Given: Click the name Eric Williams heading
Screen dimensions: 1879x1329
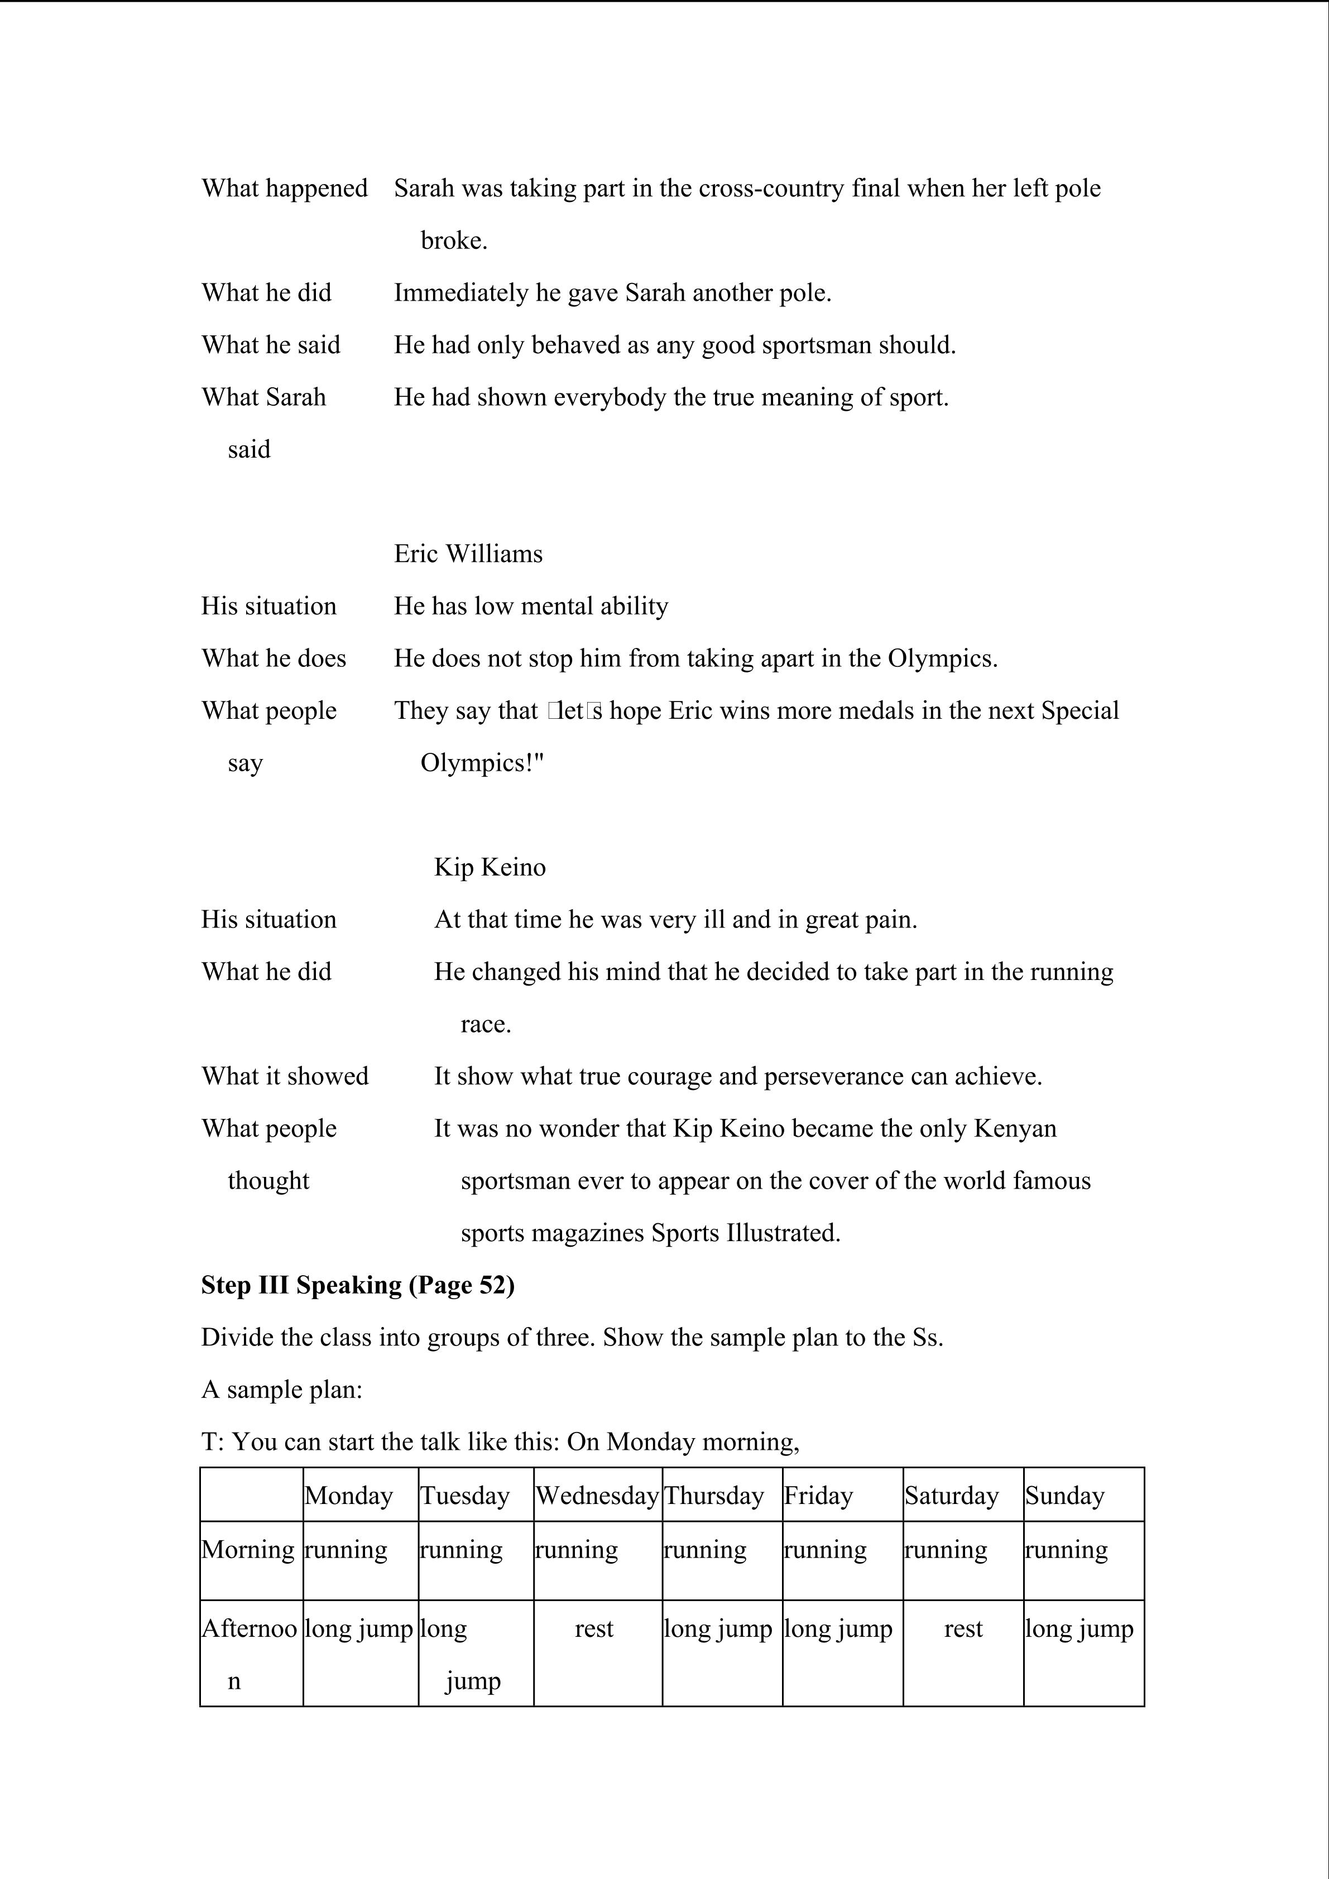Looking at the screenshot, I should point(468,554).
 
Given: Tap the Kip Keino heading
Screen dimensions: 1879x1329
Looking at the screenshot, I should point(490,867).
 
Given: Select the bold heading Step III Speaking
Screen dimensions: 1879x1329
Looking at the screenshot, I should point(358,1286).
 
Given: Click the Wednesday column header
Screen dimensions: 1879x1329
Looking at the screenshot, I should point(597,1496).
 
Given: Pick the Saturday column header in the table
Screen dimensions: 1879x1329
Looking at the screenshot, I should point(951,1496).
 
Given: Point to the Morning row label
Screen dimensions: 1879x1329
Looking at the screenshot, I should point(248,1550).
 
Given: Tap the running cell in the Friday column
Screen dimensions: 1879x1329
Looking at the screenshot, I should point(825,1550).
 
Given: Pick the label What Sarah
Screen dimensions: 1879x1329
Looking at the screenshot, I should point(263,398).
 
